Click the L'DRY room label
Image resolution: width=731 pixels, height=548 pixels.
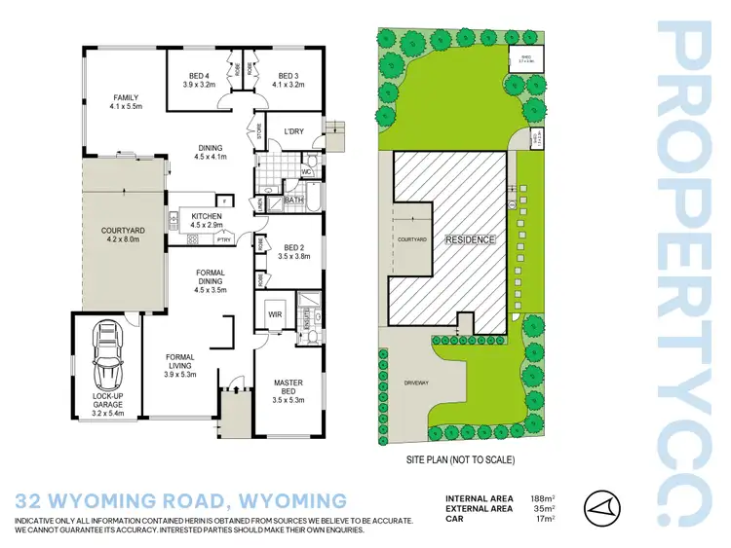(295, 132)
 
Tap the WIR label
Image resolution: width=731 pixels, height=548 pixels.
(274, 314)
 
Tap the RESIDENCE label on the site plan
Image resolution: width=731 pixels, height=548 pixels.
(471, 239)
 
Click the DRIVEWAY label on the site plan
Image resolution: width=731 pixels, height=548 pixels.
(416, 383)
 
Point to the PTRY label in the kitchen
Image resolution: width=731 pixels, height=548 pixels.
(223, 238)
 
